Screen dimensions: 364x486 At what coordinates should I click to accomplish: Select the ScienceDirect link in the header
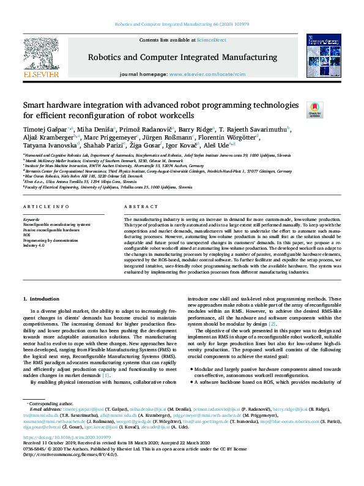[x=210, y=40]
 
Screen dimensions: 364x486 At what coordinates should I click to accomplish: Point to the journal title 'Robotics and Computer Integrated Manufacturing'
[x=183, y=58]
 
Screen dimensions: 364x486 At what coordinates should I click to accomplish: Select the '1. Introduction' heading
[x=41, y=298]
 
